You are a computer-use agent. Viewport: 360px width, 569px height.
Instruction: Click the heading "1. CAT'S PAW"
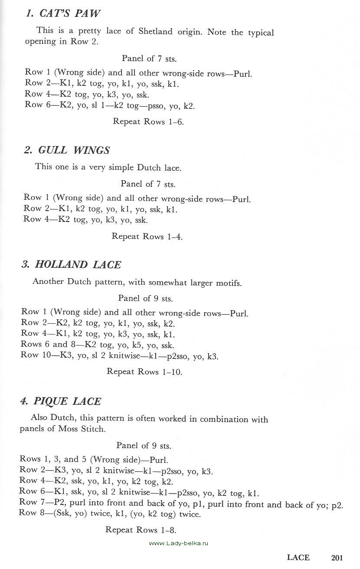tap(63, 13)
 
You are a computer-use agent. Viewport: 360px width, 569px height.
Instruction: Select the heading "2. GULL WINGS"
tap(67, 150)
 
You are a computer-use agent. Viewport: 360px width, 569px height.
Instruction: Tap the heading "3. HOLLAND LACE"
tap(72, 264)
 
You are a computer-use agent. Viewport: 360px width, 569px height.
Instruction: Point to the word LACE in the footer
tap(298, 558)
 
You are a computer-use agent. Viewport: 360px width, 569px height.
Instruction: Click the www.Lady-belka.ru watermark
tap(179, 543)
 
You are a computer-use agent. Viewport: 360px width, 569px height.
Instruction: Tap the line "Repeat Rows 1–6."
tap(148, 122)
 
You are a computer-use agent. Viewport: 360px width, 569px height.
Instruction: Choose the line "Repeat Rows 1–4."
tap(147, 237)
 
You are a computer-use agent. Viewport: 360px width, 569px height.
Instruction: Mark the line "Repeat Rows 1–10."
tap(144, 372)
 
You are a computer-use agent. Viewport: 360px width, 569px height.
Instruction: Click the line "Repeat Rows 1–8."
tap(141, 530)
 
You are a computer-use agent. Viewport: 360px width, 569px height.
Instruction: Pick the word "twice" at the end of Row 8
tap(190, 514)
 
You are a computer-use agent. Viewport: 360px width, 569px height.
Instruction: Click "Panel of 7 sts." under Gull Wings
tap(148, 184)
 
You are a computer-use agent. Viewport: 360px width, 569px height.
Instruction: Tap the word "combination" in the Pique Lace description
tap(226, 419)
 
